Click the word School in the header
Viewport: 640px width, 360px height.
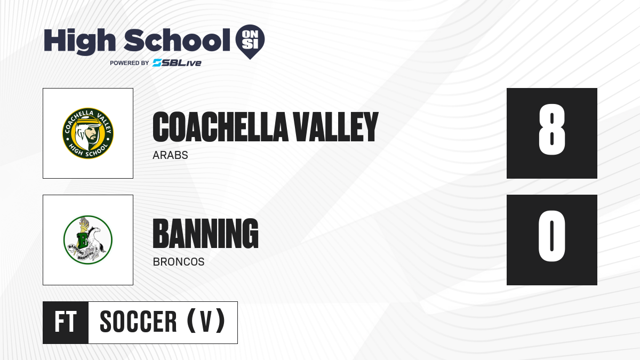[x=177, y=40]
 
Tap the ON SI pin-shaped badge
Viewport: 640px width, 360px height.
[x=250, y=42]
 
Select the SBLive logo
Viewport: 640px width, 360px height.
[x=177, y=63]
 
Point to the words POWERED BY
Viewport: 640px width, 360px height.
[x=129, y=63]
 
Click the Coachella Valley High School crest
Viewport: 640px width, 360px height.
[x=88, y=133]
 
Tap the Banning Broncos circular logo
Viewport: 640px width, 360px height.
[x=88, y=239]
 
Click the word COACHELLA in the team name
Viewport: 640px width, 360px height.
[x=220, y=127]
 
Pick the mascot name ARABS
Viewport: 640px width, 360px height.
[x=170, y=155]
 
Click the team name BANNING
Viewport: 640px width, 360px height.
[x=206, y=234]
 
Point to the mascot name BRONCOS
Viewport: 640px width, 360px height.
[x=179, y=262]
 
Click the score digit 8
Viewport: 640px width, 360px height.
[x=551, y=130]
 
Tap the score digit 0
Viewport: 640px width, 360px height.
[x=551, y=236]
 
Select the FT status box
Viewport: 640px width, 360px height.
[x=66, y=323]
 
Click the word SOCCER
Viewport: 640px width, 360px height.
[x=138, y=322]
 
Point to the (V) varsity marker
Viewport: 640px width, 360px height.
[x=206, y=321]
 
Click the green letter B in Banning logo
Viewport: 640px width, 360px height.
[x=83, y=241]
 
